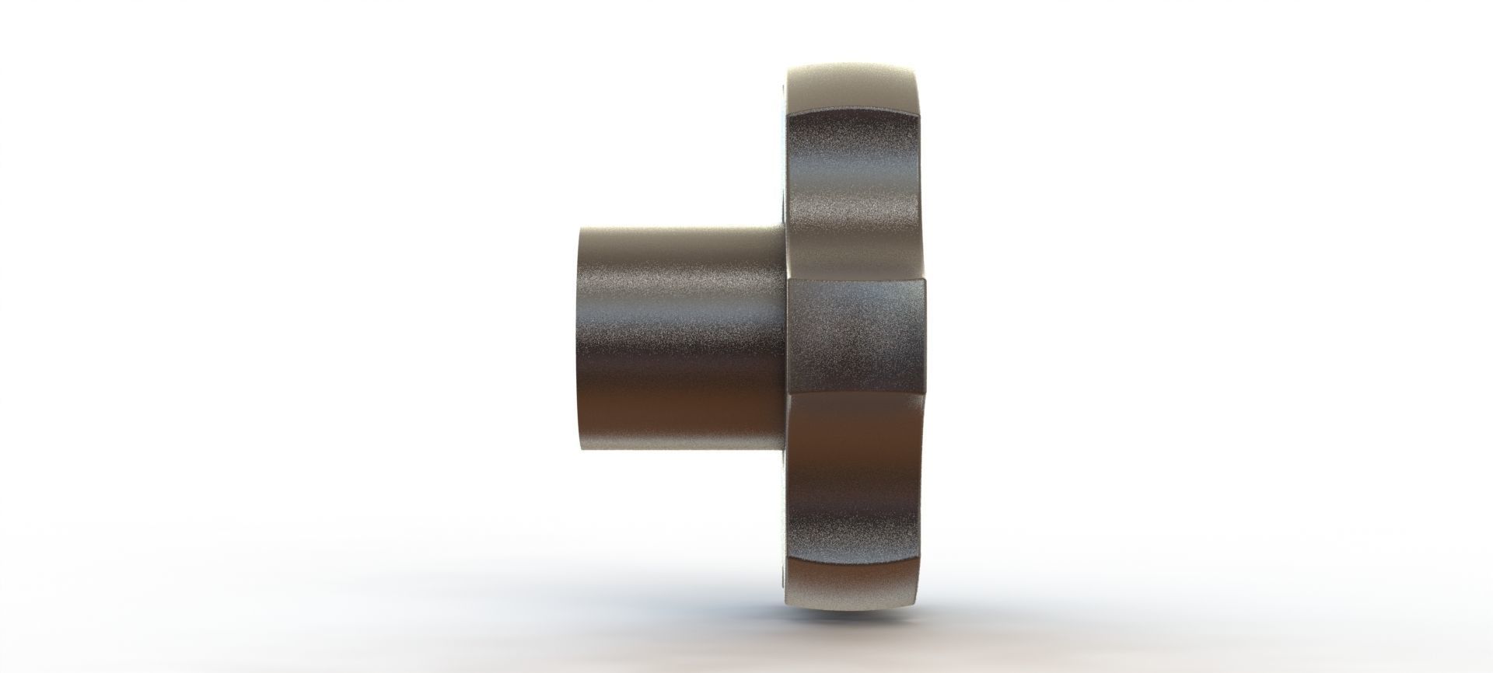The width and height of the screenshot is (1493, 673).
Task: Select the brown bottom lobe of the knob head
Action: pyautogui.click(x=855, y=591)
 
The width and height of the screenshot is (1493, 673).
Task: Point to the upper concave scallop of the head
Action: pyautogui.click(x=855, y=194)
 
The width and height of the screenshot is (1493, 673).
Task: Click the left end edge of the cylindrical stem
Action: pyautogui.click(x=579, y=342)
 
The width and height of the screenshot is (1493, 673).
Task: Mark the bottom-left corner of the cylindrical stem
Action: pyautogui.click(x=582, y=454)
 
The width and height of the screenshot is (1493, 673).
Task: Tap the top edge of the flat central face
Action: pyautogui.click(x=859, y=279)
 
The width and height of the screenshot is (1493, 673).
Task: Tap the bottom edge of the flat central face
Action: pyautogui.click(x=859, y=394)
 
